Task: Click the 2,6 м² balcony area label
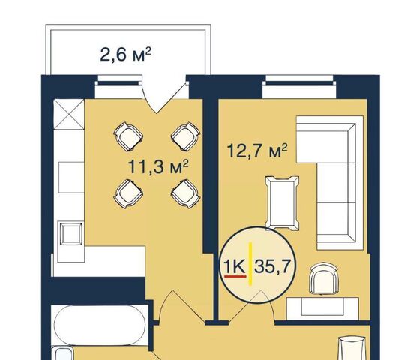pos(125,55)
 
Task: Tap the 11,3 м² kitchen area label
pos(158,167)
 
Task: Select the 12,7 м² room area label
pos(257,151)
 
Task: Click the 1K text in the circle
pos(235,267)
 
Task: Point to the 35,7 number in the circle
pos(272,267)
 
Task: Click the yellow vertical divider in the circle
pos(250,263)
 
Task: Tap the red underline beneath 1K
pos(235,276)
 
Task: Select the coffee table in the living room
pos(282,203)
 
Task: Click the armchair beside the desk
pos(323,278)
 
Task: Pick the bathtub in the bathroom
pos(100,325)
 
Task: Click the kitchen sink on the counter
pos(70,233)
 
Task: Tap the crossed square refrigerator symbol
pos(69,115)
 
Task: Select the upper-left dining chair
pos(128,136)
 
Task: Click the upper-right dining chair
pos(185,136)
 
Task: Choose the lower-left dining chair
pos(128,194)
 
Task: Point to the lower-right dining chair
pos(185,194)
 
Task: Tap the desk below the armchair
pos(322,308)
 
